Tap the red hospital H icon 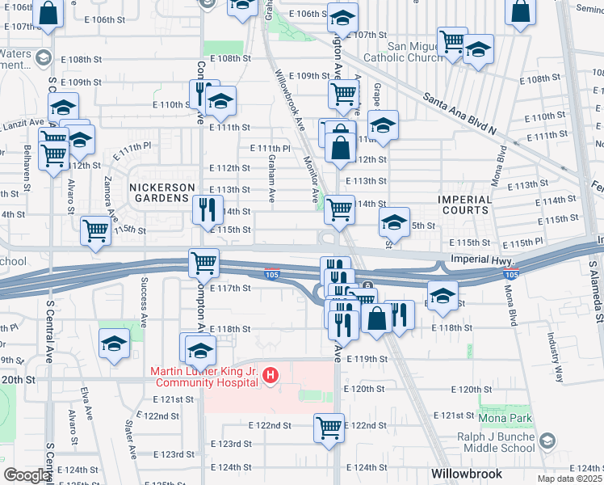[271, 376]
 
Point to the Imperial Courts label [464, 205]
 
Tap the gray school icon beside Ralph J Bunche [548, 441]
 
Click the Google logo [26, 476]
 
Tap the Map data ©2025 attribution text [568, 479]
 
